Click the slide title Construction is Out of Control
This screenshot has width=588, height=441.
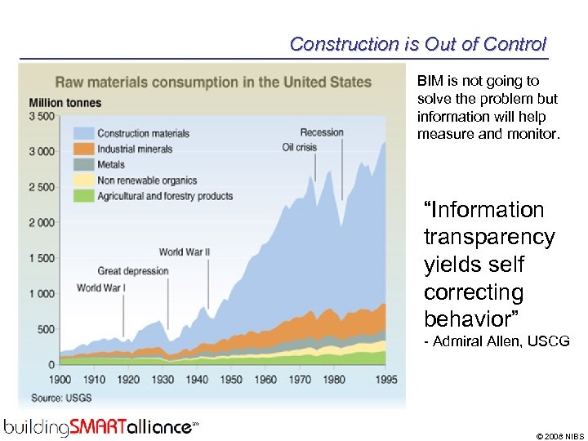(x=417, y=44)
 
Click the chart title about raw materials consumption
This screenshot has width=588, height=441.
(x=212, y=82)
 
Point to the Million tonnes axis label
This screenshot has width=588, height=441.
(x=65, y=103)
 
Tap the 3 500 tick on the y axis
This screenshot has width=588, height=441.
(x=42, y=116)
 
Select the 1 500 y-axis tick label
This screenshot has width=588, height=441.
(x=42, y=258)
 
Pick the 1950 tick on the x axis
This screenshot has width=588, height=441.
(x=231, y=380)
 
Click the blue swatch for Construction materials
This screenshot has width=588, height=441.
(x=82, y=133)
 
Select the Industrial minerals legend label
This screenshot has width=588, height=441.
(x=135, y=149)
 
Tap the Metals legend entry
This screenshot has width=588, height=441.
(x=111, y=164)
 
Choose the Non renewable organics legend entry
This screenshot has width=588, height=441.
(x=147, y=180)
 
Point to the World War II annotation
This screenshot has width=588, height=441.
(x=184, y=252)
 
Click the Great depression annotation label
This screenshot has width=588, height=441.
(x=133, y=270)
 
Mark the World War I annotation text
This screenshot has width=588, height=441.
(x=100, y=287)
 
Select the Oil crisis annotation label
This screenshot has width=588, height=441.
(x=299, y=148)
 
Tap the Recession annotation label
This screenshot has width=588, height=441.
(x=321, y=132)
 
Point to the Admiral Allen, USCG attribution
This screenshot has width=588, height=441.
(x=497, y=341)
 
